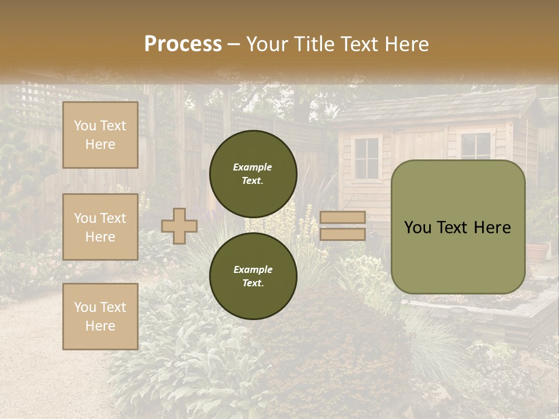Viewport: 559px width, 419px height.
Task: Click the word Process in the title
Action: click(x=183, y=44)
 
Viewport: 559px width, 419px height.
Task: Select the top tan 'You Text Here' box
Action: click(x=100, y=135)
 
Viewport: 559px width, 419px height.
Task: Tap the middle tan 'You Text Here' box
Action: click(x=100, y=227)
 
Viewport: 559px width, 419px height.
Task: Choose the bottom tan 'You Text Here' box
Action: click(x=100, y=317)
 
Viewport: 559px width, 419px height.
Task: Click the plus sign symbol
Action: click(x=179, y=226)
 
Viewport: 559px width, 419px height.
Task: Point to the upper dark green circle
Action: click(x=253, y=174)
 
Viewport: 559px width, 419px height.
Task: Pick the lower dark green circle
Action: click(x=253, y=276)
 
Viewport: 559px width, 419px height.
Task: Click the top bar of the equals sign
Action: click(x=342, y=218)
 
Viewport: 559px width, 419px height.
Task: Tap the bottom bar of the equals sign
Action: click(x=342, y=234)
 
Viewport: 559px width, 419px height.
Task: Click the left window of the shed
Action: click(x=366, y=158)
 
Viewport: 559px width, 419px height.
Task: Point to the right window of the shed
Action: click(x=475, y=146)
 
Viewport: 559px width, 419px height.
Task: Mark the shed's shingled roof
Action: click(x=437, y=108)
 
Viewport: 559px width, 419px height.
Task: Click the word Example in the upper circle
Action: click(x=253, y=167)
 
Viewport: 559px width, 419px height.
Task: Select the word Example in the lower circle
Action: click(x=253, y=269)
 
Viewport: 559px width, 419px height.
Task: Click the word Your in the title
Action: click(x=266, y=44)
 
